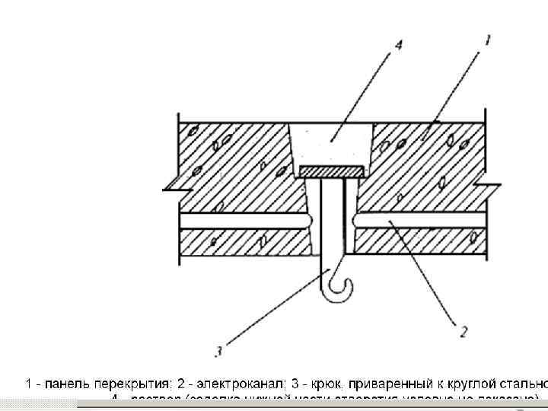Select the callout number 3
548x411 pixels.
tap(218, 351)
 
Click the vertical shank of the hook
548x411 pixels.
tap(332, 221)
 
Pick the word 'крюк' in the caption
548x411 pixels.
tap(326, 384)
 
